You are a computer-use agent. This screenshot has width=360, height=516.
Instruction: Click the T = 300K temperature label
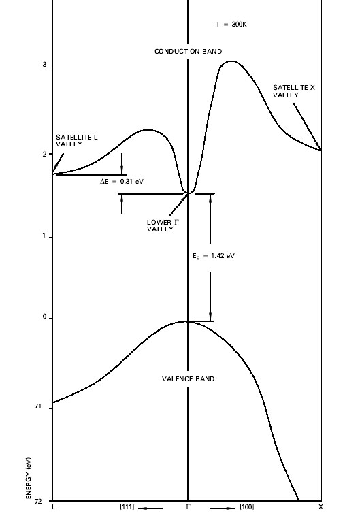point(231,25)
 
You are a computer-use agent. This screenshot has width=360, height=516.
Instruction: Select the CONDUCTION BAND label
point(189,51)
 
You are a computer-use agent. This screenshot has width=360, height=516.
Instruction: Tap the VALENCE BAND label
point(189,378)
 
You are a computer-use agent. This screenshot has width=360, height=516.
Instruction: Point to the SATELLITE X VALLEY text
point(294,91)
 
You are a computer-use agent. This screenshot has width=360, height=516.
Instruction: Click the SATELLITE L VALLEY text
point(77,140)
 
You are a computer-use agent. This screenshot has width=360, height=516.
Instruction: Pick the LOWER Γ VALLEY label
point(163,225)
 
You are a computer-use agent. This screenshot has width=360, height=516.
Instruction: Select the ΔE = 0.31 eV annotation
point(122,181)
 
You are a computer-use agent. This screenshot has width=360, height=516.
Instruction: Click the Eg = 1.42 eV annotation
point(214,256)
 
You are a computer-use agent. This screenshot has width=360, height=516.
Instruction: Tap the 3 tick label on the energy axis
point(44,65)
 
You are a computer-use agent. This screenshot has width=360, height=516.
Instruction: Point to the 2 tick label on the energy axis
point(44,154)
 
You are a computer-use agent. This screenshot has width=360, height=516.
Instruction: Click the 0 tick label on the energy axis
point(44,317)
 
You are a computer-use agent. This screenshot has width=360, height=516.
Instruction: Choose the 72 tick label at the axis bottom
point(38,501)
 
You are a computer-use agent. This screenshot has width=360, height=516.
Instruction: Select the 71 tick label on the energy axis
point(38,406)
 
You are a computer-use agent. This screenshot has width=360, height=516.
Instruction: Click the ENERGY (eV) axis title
point(29,478)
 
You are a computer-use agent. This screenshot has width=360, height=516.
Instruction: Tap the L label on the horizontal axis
point(54,507)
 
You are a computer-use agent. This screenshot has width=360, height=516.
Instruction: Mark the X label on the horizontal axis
point(321,507)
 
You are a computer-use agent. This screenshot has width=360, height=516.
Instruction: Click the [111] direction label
point(127,506)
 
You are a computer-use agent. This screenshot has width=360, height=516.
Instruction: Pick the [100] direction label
point(247,506)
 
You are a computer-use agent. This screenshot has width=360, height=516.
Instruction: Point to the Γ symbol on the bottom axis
point(188,506)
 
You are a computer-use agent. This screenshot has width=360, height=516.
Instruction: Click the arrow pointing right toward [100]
point(223,509)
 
